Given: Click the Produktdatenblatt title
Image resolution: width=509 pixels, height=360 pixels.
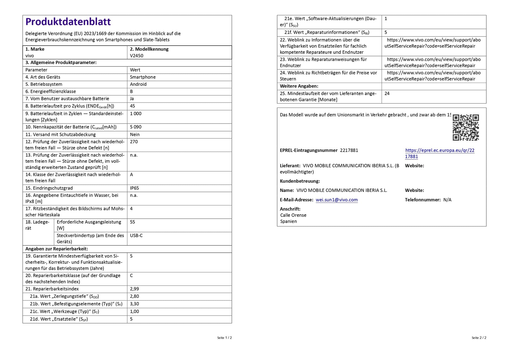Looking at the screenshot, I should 68,22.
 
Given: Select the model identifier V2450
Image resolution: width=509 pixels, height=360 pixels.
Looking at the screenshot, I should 137,56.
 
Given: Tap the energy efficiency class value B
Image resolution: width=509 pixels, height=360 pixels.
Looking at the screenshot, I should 131,91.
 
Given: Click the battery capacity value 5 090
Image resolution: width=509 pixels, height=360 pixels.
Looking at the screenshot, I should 136,127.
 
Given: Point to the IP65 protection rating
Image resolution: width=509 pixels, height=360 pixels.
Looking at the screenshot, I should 134,188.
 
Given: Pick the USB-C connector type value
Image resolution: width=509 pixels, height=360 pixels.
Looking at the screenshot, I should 136,235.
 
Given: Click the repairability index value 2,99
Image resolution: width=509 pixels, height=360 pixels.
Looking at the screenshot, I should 134,289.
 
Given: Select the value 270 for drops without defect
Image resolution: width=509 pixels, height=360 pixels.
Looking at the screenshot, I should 134,142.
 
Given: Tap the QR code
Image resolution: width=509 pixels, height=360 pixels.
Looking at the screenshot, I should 465,127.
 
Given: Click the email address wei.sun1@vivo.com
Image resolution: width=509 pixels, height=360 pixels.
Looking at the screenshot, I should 337,200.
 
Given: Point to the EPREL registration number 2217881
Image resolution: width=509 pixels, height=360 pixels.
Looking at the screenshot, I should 349,150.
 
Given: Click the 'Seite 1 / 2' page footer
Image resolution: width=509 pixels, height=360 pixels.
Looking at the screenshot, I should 224,338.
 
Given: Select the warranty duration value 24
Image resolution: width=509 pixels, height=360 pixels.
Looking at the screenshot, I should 387,93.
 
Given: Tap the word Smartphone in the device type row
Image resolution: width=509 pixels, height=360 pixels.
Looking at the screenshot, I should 143,77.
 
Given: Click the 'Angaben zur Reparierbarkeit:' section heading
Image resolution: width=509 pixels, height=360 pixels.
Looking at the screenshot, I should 57,249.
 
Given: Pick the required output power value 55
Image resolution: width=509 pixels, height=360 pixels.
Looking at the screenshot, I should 132,222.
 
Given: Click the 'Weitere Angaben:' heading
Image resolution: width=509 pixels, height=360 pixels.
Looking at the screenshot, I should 299,86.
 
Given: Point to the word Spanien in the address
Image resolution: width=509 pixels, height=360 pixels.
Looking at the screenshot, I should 288,221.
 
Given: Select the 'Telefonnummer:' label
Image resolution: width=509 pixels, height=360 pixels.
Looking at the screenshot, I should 422,200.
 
